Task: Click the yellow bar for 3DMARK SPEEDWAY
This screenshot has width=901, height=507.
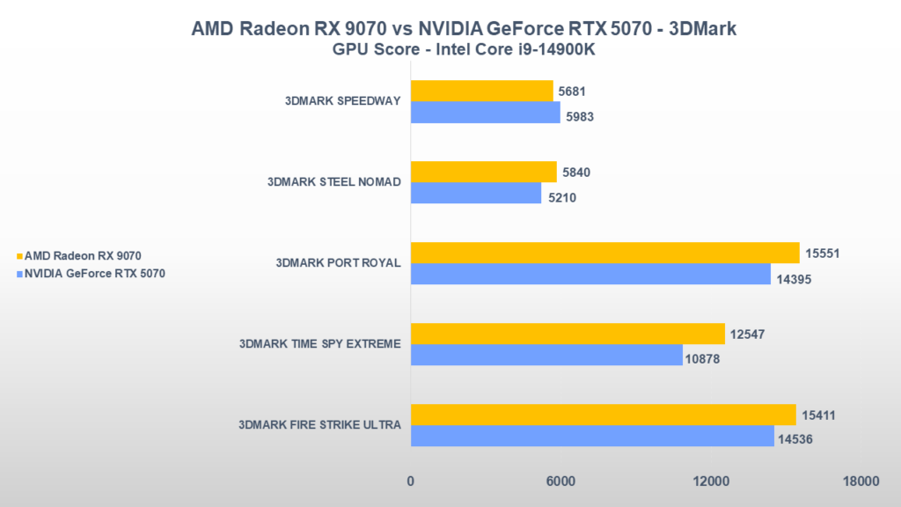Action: [x=481, y=91]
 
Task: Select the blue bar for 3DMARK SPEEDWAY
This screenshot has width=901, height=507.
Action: [x=485, y=113]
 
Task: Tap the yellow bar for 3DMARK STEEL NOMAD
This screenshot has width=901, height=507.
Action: [x=483, y=172]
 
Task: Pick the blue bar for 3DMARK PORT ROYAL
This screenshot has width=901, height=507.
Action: [x=590, y=274]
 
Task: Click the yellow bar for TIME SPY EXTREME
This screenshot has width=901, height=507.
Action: [x=568, y=334]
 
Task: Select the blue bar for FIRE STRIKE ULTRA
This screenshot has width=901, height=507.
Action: [x=591, y=436]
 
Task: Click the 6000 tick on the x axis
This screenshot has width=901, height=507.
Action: [x=560, y=481]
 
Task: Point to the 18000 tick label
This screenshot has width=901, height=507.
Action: [x=860, y=481]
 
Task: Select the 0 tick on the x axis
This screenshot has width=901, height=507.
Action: [x=411, y=481]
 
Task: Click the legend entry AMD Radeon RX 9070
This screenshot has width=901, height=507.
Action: [x=83, y=255]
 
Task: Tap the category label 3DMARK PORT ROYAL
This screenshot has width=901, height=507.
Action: [x=338, y=262]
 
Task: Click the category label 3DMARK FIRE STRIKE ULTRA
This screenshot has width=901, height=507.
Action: [x=319, y=424]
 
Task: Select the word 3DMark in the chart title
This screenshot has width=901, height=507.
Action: [x=704, y=29]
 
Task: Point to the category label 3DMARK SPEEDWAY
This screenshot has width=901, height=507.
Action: [x=343, y=100]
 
